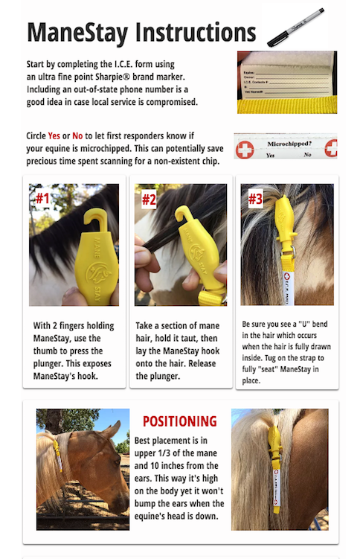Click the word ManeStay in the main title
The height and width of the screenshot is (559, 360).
pyautogui.click(x=78, y=33)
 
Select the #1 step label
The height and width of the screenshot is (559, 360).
pyautogui.click(x=42, y=199)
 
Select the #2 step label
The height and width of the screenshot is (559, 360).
pyautogui.click(x=149, y=199)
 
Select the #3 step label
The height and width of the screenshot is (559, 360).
pyautogui.click(x=255, y=199)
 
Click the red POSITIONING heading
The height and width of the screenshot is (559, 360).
pyautogui.click(x=179, y=421)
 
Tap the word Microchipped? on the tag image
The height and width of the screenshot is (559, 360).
pyautogui.click(x=287, y=141)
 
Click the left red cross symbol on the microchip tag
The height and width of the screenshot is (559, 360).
pyautogui.click(x=244, y=148)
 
